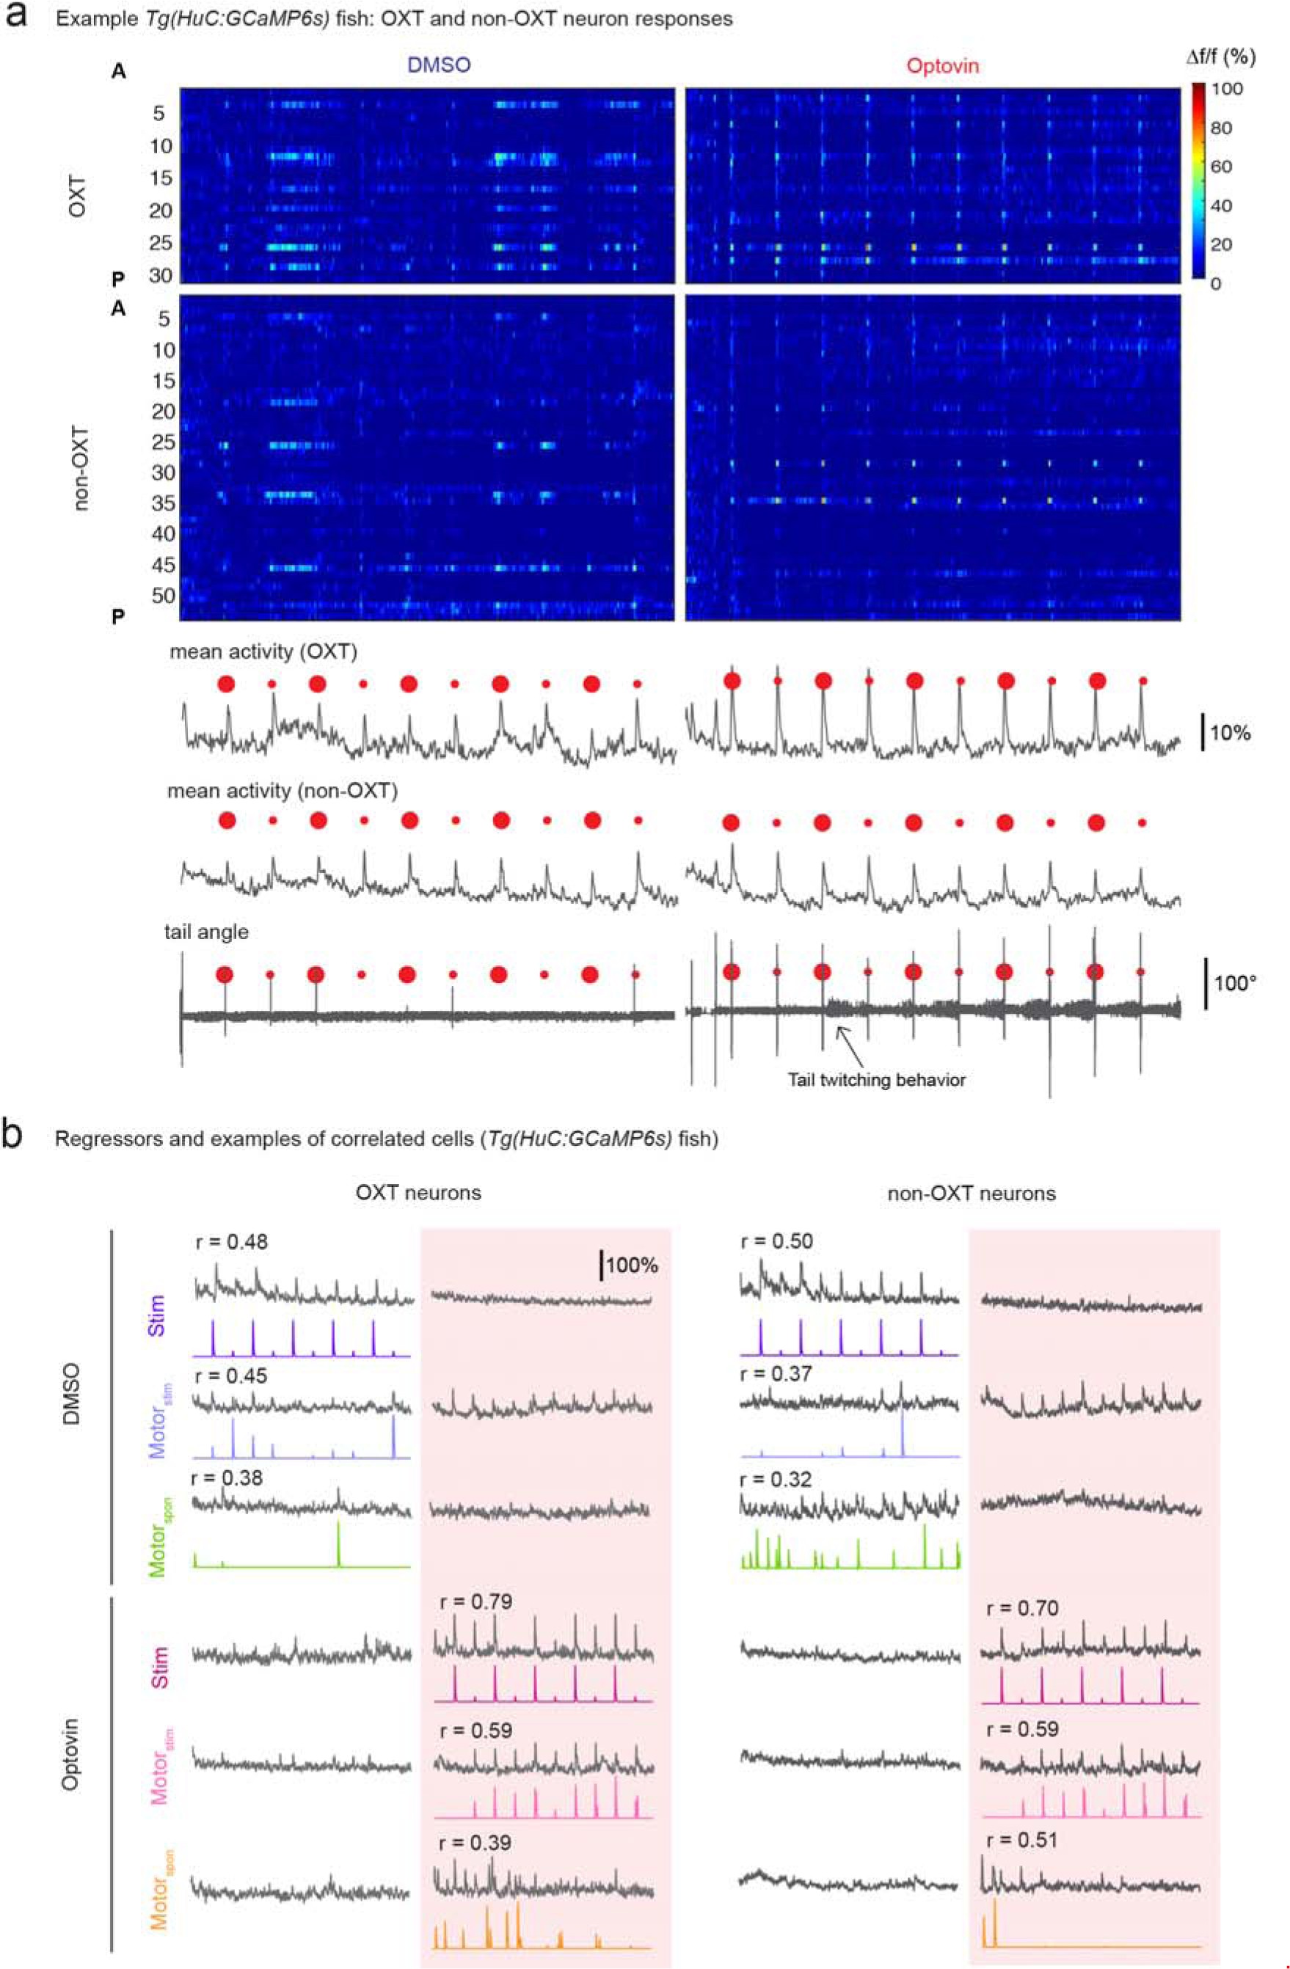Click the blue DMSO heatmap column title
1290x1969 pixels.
tap(439, 65)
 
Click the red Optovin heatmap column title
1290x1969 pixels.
tap(942, 65)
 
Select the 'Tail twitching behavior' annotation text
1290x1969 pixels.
tap(876, 1080)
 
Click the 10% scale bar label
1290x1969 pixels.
tap(1230, 733)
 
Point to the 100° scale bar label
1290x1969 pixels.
tap(1236, 984)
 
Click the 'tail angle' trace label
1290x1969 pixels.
tap(206, 932)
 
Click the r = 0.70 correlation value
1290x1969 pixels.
tap(1023, 1608)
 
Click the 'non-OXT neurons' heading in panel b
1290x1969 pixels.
tap(971, 1193)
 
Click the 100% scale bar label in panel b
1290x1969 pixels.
tap(631, 1265)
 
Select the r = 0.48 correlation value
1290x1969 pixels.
tap(232, 1242)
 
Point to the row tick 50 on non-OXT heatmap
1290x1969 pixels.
tap(162, 596)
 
